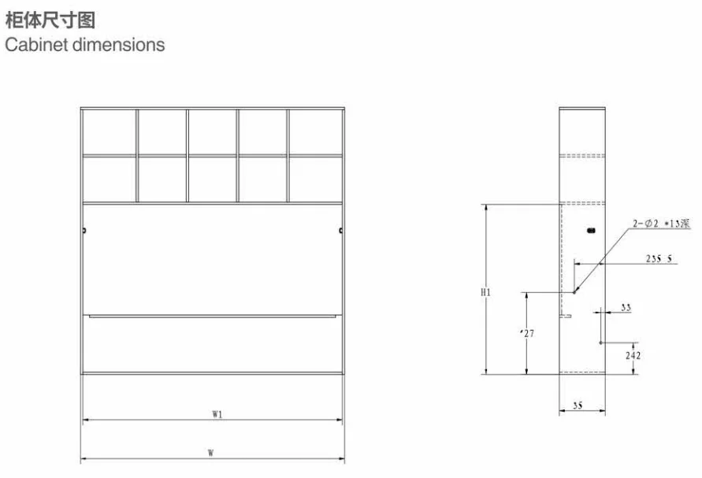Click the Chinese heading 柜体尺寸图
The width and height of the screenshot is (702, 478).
(50, 18)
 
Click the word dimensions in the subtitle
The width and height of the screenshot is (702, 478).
(118, 44)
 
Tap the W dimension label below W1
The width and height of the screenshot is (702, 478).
(211, 453)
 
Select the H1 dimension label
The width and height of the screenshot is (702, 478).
(485, 293)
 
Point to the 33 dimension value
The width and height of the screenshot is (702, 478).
(626, 308)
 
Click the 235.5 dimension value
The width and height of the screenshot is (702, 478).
(659, 258)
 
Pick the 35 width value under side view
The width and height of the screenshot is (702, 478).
(578, 405)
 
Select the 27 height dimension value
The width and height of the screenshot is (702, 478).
(528, 334)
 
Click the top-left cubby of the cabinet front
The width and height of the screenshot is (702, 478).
(109, 132)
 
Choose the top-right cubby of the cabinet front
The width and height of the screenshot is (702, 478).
(316, 132)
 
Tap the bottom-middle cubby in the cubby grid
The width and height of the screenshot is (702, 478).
(212, 179)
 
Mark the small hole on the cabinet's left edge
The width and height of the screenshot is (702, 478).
(84, 231)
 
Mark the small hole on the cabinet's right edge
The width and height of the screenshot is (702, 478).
(340, 231)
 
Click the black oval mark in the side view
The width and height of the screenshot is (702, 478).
(591, 231)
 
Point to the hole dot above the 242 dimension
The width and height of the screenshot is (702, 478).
(600, 343)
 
